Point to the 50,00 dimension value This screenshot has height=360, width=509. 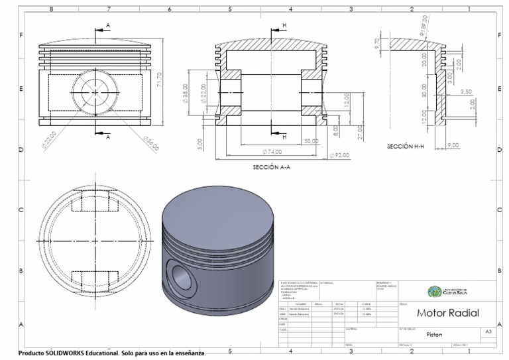[x=311, y=141]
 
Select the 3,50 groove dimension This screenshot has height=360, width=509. [x=465, y=91]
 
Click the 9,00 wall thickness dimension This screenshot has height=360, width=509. [x=454, y=145]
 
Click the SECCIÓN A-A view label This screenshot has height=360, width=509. [x=272, y=168]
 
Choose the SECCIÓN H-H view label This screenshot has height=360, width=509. [x=406, y=146]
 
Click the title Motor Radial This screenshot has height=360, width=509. [x=447, y=313]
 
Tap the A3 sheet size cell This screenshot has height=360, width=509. [x=488, y=331]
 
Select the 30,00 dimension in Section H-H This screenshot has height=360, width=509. [x=425, y=91]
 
